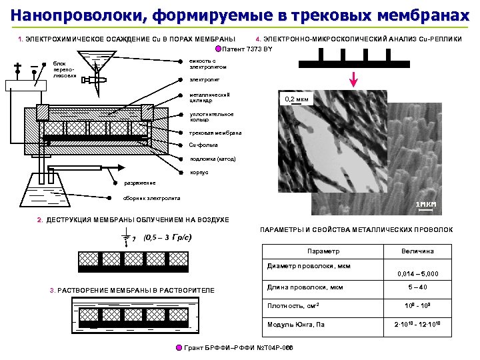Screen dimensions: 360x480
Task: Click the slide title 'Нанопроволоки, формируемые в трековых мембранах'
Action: coord(240,15)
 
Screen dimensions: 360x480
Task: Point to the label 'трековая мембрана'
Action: coord(215,133)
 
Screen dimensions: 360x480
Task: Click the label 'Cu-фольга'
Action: coord(203,145)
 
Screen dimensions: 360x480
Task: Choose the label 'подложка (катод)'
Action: coord(213,159)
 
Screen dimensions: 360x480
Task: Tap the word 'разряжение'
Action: coord(139,183)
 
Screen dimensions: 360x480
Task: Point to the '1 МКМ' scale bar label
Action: coord(425,204)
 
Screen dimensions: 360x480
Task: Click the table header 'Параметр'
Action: coord(323,251)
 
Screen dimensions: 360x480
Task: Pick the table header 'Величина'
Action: coord(417,251)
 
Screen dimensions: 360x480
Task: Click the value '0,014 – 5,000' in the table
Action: coord(417,274)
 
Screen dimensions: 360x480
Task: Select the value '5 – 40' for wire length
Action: coord(417,287)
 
